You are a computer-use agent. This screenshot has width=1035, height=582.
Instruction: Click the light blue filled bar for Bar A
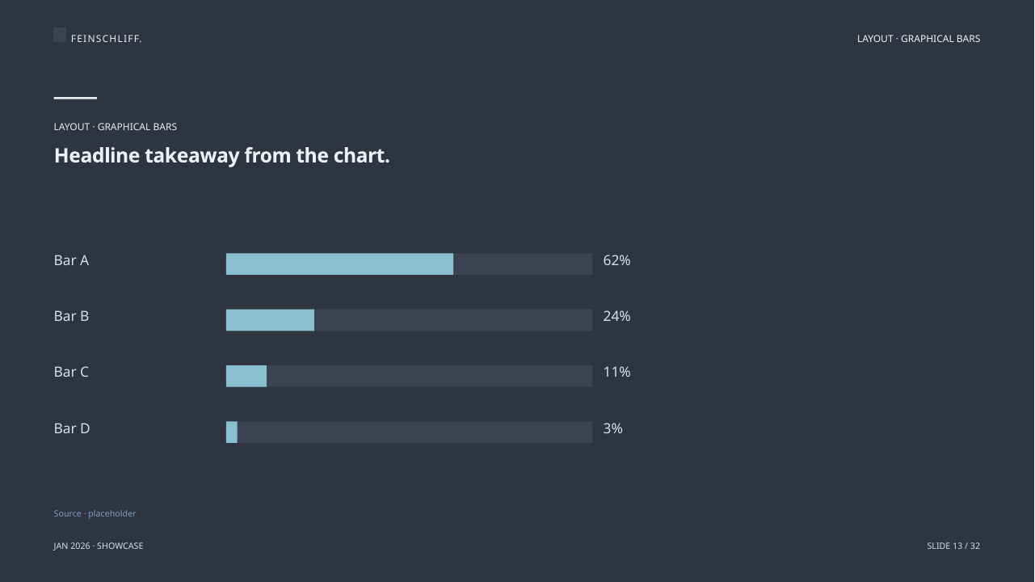339,264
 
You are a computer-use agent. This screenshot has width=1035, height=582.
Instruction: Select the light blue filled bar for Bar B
270,320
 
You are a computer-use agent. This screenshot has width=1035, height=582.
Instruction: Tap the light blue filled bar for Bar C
246,377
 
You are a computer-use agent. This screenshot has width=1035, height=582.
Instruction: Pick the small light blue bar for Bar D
232,432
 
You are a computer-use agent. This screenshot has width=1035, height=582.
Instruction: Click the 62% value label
616,260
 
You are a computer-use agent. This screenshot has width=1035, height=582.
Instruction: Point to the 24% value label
616,316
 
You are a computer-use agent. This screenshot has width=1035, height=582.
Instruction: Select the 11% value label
616,372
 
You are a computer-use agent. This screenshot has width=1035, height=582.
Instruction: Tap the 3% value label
612,428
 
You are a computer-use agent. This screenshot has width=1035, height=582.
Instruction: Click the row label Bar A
71,260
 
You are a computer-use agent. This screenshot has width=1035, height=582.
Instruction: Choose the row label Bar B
71,316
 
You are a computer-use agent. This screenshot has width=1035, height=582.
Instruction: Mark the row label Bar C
71,372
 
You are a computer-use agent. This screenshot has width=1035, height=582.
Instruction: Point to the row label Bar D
72,428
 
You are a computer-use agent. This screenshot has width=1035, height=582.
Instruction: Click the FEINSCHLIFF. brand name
107,39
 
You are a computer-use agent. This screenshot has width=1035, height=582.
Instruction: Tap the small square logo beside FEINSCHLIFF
60,35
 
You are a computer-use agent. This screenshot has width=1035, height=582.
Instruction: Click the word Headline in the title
97,155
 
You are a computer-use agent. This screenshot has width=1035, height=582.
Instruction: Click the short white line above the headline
75,98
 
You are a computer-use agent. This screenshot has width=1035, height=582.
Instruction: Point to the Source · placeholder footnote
95,513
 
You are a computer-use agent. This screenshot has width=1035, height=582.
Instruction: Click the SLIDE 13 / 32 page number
953,546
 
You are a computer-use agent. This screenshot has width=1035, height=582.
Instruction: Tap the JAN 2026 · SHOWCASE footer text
99,546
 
